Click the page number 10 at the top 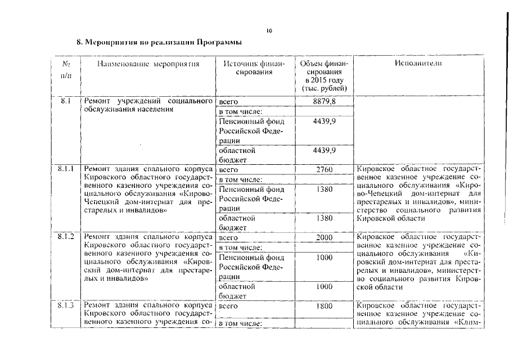(x=269, y=31)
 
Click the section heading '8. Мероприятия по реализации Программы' (x=160, y=42)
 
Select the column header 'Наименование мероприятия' (x=148, y=64)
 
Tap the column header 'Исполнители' (x=418, y=64)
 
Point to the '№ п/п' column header (x=66, y=70)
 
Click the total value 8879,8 (x=325, y=101)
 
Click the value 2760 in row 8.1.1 (x=325, y=169)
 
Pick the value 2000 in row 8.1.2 (x=325, y=237)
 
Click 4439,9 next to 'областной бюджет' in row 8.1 (x=325, y=150)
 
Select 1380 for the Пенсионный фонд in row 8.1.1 (x=325, y=189)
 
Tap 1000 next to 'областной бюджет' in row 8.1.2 (x=325, y=286)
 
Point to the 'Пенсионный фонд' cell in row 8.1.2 (x=251, y=257)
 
